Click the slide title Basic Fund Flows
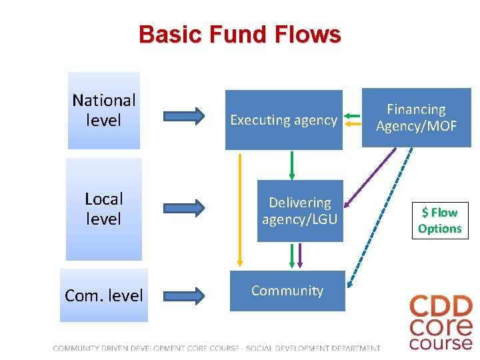[239, 34]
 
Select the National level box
[104, 111]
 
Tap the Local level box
[104, 209]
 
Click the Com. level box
[104, 295]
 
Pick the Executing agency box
[283, 120]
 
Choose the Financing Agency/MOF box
[416, 117]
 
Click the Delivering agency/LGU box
[300, 211]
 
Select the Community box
[287, 291]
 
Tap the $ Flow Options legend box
[439, 221]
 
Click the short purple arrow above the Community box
[300, 255]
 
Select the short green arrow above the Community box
[291, 255]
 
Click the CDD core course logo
[441, 323]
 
